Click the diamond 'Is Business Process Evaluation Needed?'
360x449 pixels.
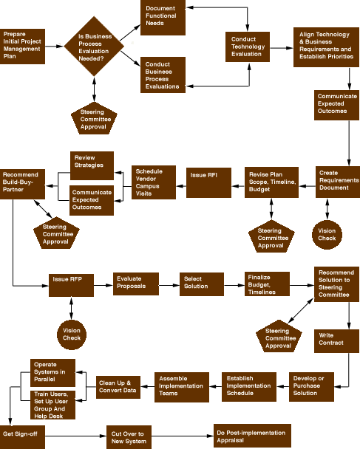(x=94, y=47)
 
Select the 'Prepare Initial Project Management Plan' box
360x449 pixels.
(x=22, y=47)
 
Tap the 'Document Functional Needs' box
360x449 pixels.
(x=163, y=18)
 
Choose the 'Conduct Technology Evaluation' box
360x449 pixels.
(x=248, y=47)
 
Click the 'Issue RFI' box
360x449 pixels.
(x=208, y=182)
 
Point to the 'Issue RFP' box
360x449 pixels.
(x=71, y=285)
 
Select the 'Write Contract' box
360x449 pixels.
(x=336, y=341)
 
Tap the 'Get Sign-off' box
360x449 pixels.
(x=22, y=437)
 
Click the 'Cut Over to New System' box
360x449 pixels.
(x=129, y=437)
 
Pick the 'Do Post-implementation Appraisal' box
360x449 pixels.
(x=252, y=436)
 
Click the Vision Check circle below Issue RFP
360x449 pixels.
(x=72, y=335)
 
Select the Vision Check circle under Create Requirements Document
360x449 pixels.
(x=327, y=235)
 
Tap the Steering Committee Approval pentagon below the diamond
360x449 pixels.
(x=94, y=118)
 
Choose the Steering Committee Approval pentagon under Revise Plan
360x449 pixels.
(x=271, y=236)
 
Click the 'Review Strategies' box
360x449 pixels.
(x=92, y=166)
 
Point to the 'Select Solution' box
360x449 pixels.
(x=202, y=284)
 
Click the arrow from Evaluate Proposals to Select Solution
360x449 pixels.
(x=169, y=285)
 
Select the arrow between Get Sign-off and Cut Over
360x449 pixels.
(x=75, y=436)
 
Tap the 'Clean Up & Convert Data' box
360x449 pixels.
(x=118, y=387)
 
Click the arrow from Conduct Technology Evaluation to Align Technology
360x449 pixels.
(x=282, y=48)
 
